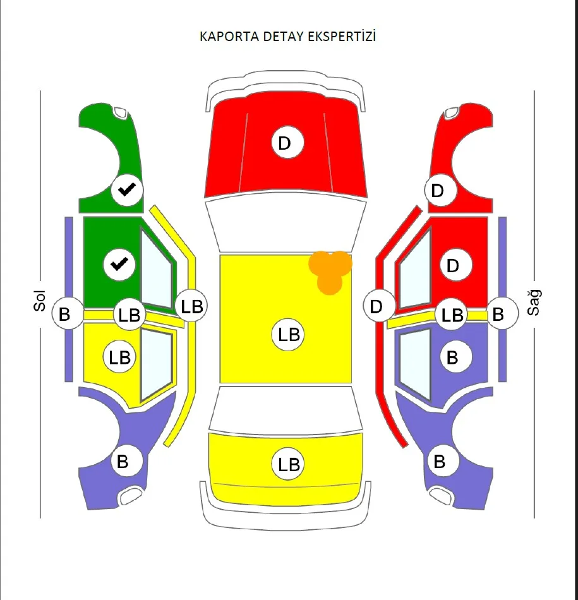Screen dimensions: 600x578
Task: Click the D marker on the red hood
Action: click(x=285, y=143)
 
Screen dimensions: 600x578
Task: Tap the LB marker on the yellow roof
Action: click(x=289, y=334)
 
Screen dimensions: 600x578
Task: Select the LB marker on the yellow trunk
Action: click(x=289, y=465)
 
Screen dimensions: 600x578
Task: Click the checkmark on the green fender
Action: click(x=128, y=189)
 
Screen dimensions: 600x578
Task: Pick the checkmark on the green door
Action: click(x=119, y=264)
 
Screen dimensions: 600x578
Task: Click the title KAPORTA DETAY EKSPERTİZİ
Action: click(x=287, y=37)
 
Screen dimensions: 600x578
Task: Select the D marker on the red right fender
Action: click(x=437, y=190)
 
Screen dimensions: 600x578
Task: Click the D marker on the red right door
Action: click(x=452, y=265)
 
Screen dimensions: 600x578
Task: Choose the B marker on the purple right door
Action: click(x=452, y=357)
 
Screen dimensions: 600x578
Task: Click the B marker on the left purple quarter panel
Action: click(x=123, y=462)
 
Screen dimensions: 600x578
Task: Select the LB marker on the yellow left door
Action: click(x=119, y=357)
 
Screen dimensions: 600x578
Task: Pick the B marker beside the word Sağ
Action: click(x=498, y=313)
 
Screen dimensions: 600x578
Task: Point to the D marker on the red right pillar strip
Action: click(x=376, y=307)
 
